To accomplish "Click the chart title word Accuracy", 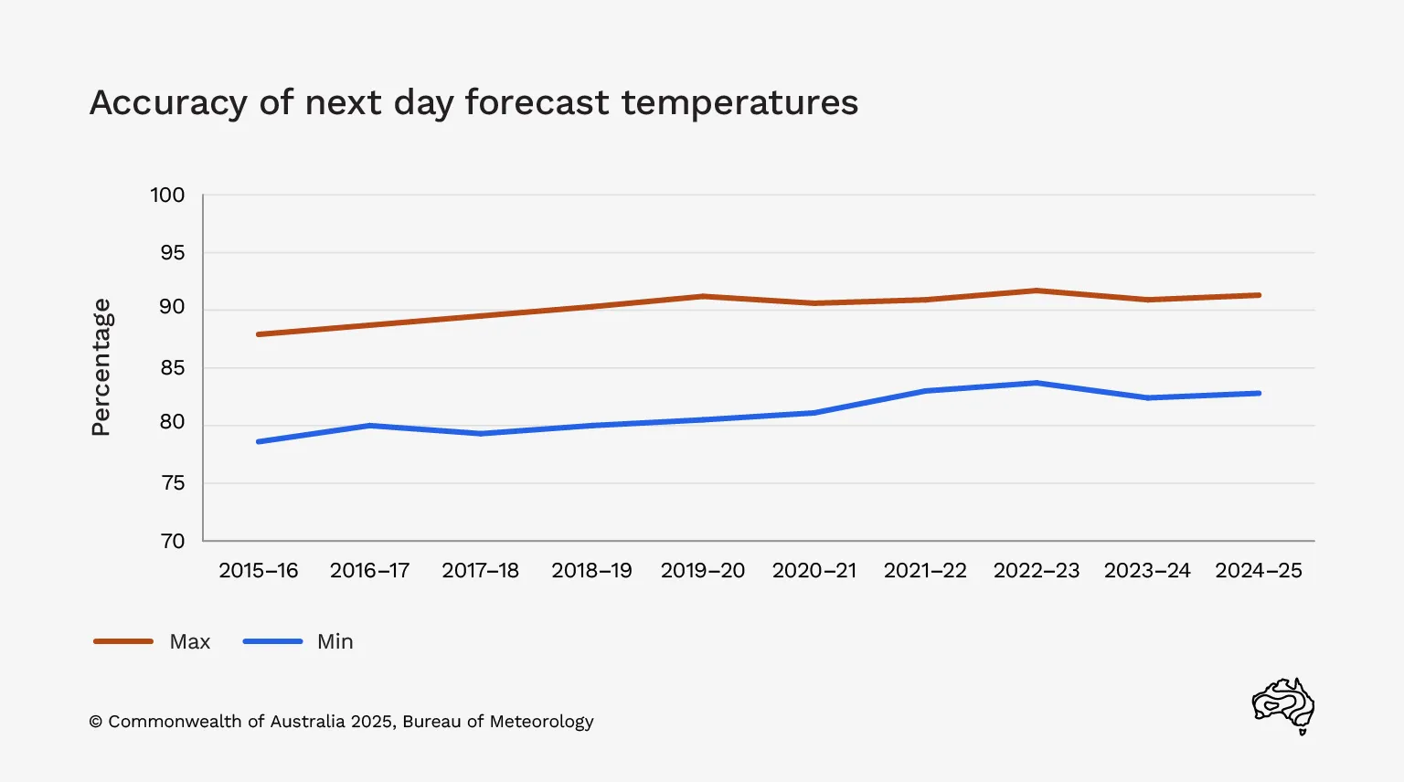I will coord(168,103).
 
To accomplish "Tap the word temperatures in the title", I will coord(739,102).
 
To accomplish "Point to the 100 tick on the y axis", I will coord(167,195).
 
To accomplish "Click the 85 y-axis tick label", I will coord(172,368).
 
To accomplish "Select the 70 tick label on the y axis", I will coord(172,541).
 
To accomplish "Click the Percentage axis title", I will coord(101,367).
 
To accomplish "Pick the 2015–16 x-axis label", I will coord(259,571).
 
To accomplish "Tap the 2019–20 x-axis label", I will coord(703,571).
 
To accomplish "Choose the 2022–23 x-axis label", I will coord(1037,571).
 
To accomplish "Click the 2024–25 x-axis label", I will coord(1259,571).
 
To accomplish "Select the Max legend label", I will coord(190,642).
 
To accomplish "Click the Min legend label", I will coord(335,642).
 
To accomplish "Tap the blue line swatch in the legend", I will coord(272,641).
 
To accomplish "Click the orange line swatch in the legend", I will coord(123,641).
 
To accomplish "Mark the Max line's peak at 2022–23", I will coord(1037,291).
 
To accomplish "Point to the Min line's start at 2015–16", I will coord(259,441).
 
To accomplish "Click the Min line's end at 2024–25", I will coord(1260,394).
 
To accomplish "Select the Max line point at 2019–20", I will coord(703,296).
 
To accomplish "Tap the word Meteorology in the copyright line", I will coord(542,722).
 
